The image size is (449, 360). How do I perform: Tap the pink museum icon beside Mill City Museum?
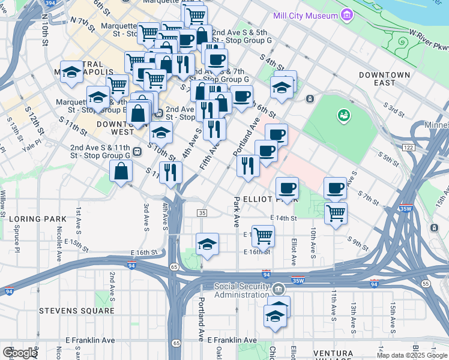tap(346, 14)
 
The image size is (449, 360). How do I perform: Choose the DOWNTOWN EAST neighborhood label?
tap(385, 79)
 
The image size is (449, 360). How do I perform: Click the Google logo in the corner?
tap(19, 353)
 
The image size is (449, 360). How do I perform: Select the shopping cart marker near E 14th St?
tap(336, 212)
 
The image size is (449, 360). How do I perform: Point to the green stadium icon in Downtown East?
tap(343, 114)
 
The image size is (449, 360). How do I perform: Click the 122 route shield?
tap(408, 148)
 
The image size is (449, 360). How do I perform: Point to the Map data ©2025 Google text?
tap(411, 355)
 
